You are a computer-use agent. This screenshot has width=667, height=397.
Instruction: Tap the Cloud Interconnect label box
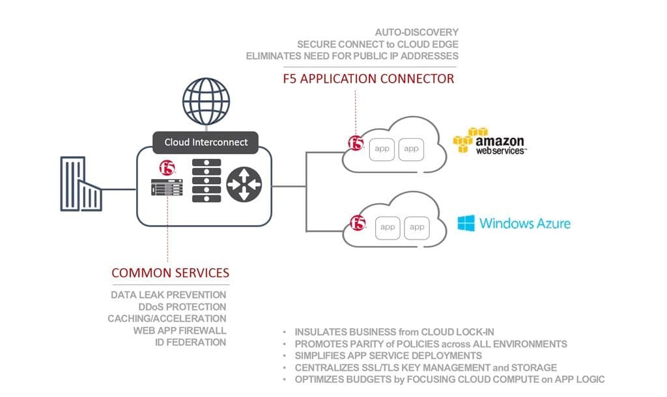205,142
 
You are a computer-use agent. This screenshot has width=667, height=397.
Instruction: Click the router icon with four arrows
244,184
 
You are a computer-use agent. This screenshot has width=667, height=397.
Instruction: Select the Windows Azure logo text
514,224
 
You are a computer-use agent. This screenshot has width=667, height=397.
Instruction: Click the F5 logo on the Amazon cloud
356,143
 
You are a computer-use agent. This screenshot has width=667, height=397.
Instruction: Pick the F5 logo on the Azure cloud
358,224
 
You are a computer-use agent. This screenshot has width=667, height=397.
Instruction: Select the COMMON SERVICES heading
170,273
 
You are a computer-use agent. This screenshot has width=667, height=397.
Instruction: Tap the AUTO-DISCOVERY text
417,32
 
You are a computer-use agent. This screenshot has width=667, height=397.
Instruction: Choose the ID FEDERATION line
190,342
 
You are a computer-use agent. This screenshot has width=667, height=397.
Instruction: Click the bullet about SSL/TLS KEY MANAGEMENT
425,368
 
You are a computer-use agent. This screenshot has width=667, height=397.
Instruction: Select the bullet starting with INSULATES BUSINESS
408,332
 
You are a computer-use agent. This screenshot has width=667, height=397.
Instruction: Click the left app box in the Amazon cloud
382,149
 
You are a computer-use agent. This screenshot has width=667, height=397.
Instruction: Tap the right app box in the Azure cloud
417,227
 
